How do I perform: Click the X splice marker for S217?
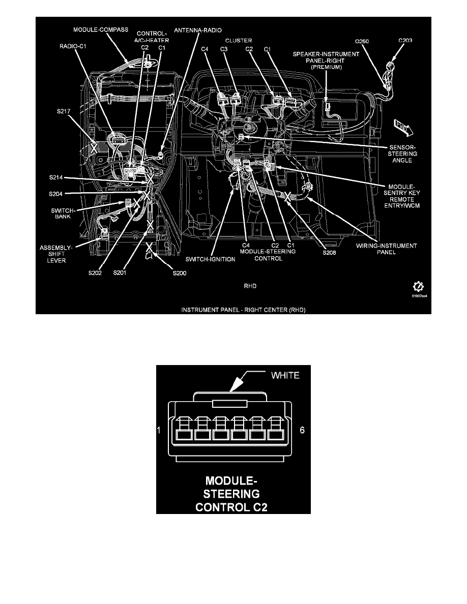(x=93, y=148)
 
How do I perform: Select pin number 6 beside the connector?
(x=302, y=430)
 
